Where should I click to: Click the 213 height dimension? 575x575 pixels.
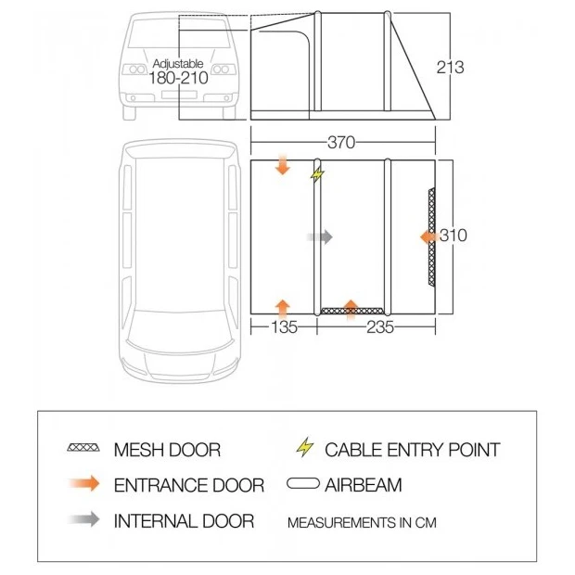pos(451,68)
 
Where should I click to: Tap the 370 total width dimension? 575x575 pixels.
pos(341,142)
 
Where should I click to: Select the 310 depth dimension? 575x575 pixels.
pos(454,235)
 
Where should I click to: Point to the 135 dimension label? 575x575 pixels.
pos(284,327)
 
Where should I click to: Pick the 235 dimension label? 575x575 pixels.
pos(380,327)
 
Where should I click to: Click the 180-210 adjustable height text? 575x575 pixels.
pos(178,78)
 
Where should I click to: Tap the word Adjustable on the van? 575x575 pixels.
pos(178,64)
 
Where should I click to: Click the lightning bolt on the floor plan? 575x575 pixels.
pos(317,174)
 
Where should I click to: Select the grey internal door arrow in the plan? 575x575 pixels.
pos(320,237)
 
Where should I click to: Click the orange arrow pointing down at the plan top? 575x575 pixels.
pos(283,165)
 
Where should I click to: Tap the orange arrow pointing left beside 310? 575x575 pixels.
pos(429,237)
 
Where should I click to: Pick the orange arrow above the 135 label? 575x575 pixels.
pos(283,310)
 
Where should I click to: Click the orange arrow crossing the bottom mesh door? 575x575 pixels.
pos(351,311)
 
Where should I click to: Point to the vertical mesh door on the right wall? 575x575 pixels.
pos(432,236)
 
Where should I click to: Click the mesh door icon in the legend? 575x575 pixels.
pos(83,448)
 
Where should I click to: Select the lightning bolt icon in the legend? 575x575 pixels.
pos(305,447)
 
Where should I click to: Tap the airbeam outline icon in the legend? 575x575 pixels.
pos(303,483)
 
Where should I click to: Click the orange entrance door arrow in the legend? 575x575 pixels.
pos(84,483)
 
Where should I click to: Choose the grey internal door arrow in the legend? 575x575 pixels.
pos(84,519)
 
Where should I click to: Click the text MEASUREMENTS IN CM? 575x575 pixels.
pos(362,522)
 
